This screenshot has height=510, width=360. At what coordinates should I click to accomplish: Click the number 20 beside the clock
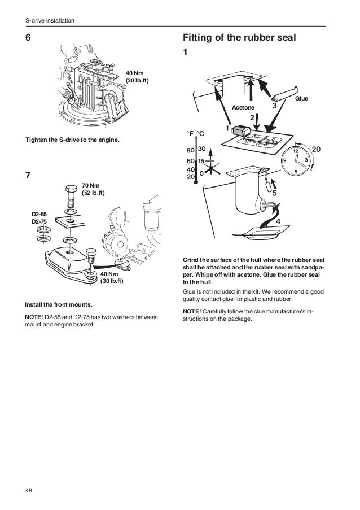pos(316,149)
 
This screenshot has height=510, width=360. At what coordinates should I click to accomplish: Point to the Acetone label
pos(243,107)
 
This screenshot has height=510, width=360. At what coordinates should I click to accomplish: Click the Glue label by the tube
pos(301,98)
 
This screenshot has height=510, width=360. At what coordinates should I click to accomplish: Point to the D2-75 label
pos(38,222)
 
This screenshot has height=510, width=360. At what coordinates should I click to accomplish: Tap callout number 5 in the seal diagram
pos(275,194)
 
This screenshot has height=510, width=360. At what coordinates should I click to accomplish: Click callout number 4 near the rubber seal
pos(278,222)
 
